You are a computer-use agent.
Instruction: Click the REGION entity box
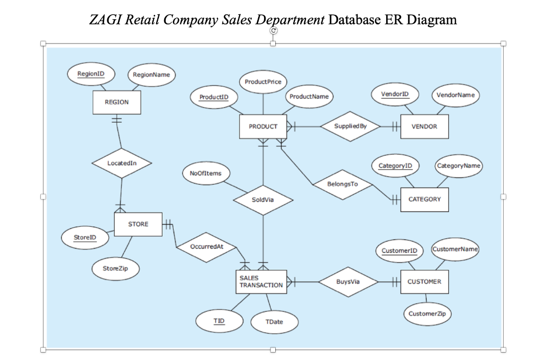[x=117, y=102]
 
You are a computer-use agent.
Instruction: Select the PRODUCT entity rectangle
[x=263, y=126]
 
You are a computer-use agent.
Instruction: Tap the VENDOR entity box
[x=424, y=126]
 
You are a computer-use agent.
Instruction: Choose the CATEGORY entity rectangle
[x=424, y=200]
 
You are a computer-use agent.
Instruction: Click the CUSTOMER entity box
[x=424, y=281]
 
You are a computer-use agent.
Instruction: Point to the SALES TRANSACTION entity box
[x=261, y=281]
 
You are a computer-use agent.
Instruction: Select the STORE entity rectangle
[x=138, y=225]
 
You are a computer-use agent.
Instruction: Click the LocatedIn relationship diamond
[x=122, y=163]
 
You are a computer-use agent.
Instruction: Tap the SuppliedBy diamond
[x=350, y=126]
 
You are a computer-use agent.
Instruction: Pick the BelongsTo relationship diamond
[x=343, y=184]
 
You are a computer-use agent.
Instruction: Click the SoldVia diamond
[x=263, y=200]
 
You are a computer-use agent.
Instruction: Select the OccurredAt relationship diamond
[x=207, y=247]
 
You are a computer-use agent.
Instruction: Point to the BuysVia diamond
[x=348, y=281]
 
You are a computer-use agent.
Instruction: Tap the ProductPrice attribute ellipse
[x=263, y=82]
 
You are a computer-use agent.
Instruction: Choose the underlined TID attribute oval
[x=219, y=321]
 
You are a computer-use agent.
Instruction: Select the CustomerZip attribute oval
[x=427, y=314]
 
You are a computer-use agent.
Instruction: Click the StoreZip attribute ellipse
[x=115, y=269]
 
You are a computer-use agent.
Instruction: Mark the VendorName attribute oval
[x=455, y=95]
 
